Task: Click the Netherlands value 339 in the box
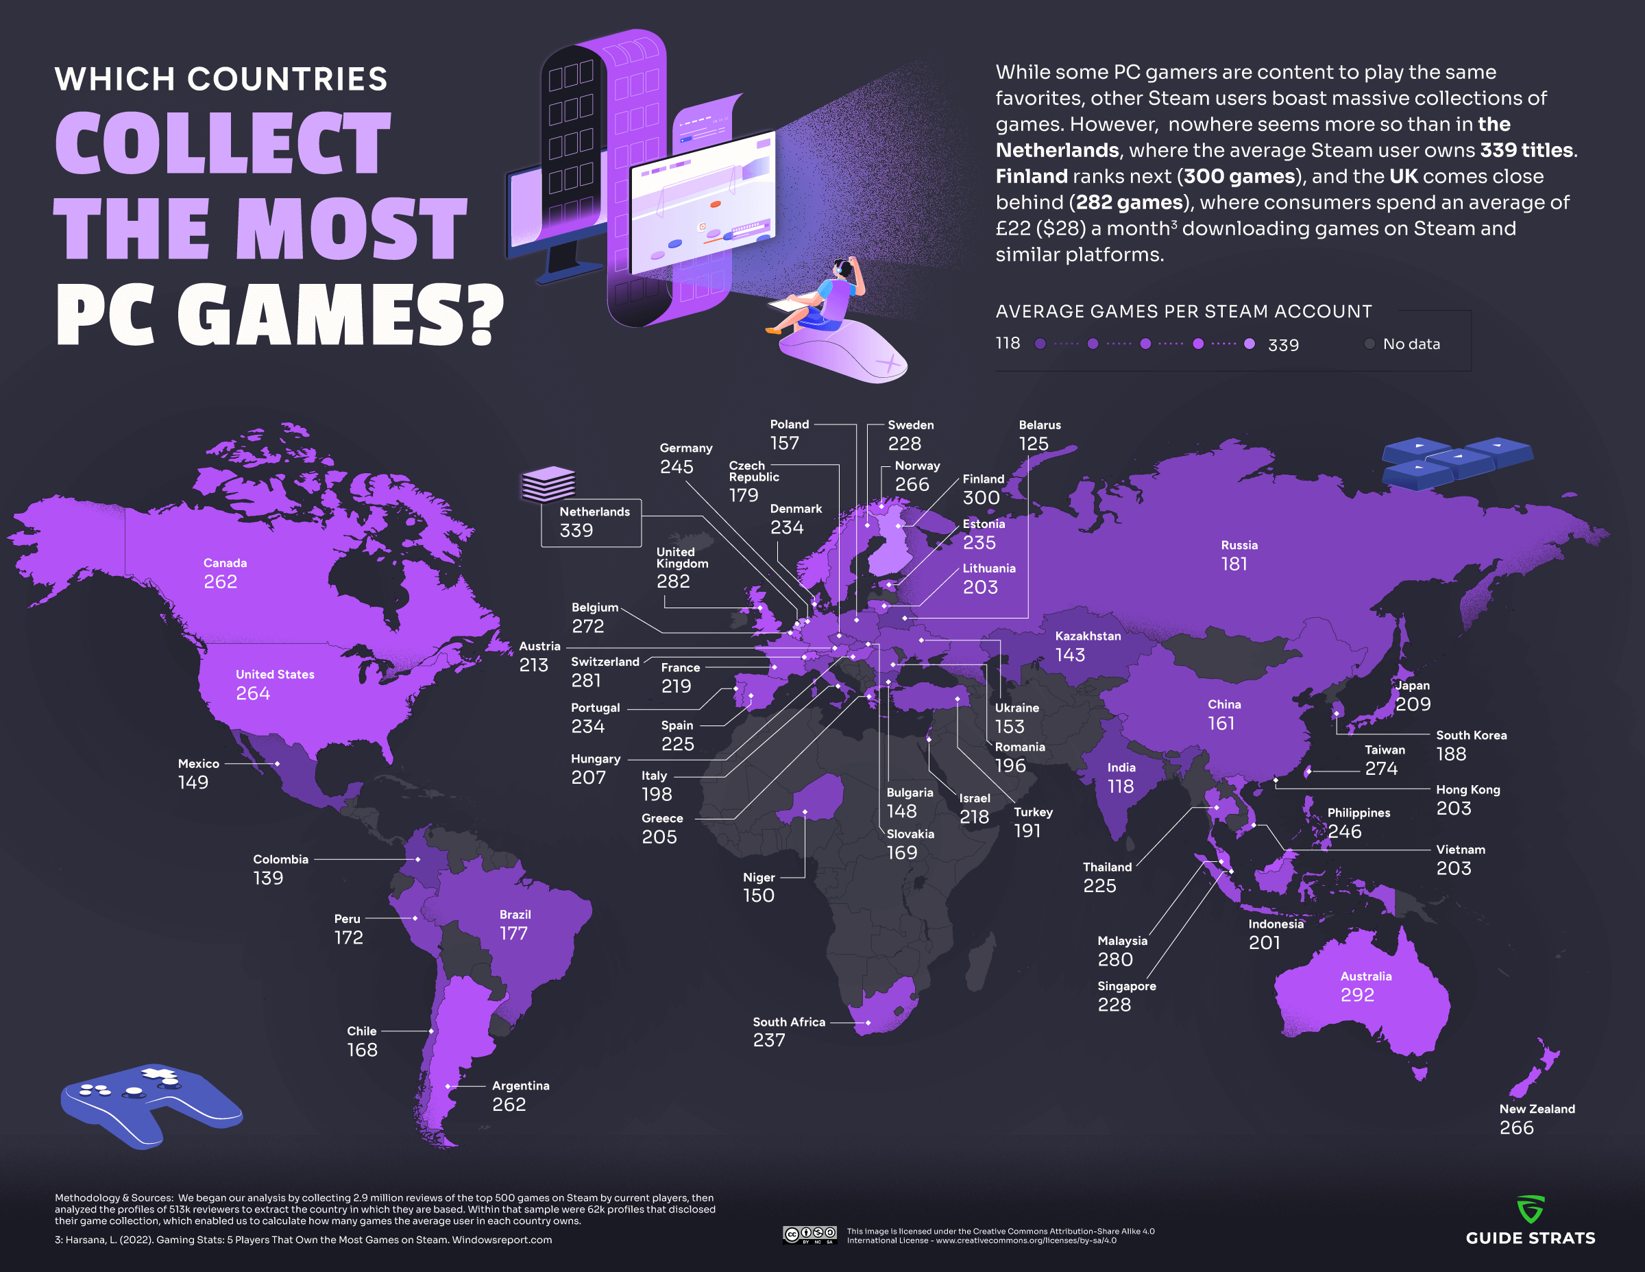pos(576,531)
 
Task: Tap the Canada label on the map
pos(224,563)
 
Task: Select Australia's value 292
pos(1356,995)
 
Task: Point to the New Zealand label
pos(1537,1109)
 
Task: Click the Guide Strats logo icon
pos(1531,1209)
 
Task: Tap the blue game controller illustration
pos(151,1104)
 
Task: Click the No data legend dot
pos(1369,344)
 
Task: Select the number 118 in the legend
pos(1008,344)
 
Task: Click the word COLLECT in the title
pos(223,143)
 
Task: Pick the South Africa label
pos(789,1022)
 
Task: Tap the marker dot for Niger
pos(805,812)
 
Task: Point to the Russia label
pos(1239,545)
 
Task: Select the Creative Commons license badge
pos(809,1234)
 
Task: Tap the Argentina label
pos(520,1085)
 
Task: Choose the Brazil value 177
pos(513,933)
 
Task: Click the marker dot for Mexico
pos(277,763)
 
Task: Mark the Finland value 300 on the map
pos(981,497)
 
